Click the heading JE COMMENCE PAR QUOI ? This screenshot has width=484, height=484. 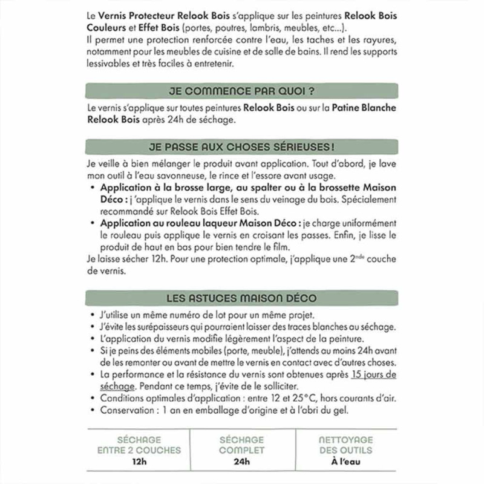click(242, 92)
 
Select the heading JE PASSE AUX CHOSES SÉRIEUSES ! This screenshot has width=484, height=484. click(242, 148)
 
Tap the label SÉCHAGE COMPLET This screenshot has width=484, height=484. click(242, 445)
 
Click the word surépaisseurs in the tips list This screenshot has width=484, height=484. click(157, 327)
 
